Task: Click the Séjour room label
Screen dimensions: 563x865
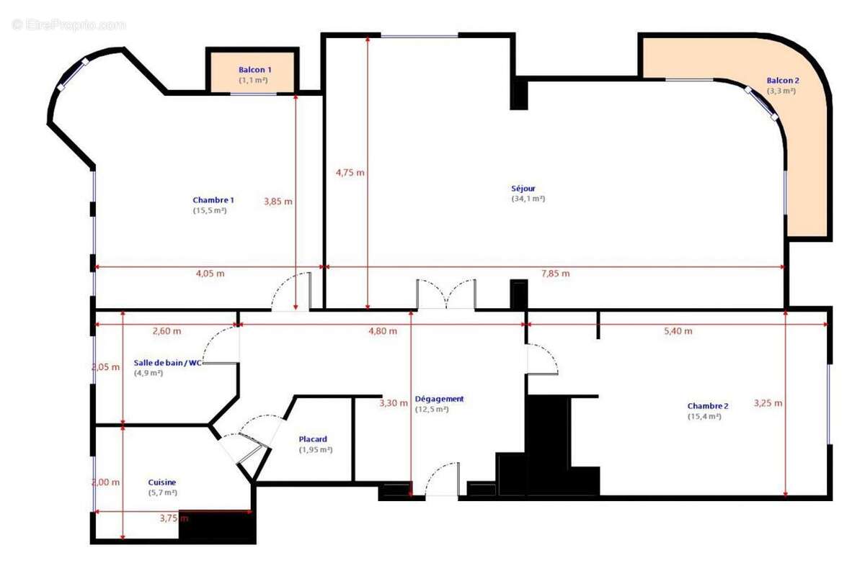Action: pyautogui.click(x=523, y=189)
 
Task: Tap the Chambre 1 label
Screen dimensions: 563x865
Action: pyautogui.click(x=213, y=200)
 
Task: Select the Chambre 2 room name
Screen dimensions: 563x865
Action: pyautogui.click(x=707, y=406)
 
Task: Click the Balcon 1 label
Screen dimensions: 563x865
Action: pyautogui.click(x=255, y=70)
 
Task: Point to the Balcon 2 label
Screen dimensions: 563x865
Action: pyautogui.click(x=783, y=81)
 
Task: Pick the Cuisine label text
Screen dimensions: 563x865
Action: pyautogui.click(x=162, y=482)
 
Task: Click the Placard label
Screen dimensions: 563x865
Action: pyautogui.click(x=313, y=439)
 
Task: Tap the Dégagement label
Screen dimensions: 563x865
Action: pyautogui.click(x=439, y=399)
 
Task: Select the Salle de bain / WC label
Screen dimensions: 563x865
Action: pyautogui.click(x=168, y=363)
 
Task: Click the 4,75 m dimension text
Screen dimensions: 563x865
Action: pyautogui.click(x=350, y=173)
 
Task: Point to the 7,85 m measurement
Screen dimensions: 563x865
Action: pyautogui.click(x=555, y=274)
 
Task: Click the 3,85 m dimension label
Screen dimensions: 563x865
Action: pyautogui.click(x=278, y=202)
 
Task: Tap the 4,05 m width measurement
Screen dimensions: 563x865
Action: pyautogui.click(x=210, y=274)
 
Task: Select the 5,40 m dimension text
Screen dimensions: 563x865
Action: pyautogui.click(x=678, y=331)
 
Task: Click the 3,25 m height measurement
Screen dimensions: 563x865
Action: pyautogui.click(x=768, y=403)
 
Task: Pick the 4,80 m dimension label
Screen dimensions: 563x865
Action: pyautogui.click(x=383, y=331)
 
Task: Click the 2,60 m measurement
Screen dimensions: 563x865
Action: pyautogui.click(x=167, y=331)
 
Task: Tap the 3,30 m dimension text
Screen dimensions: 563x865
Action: pyautogui.click(x=394, y=403)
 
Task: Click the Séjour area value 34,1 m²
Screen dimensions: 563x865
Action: pyautogui.click(x=528, y=199)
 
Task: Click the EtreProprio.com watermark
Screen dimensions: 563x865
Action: pyautogui.click(x=68, y=24)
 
